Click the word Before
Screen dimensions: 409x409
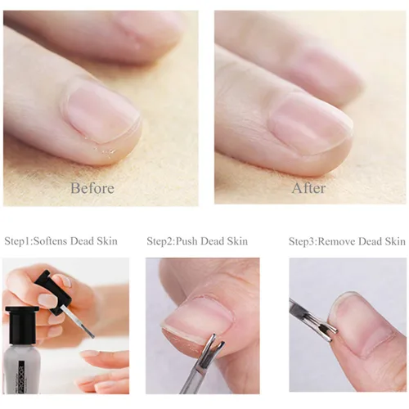tap(92, 188)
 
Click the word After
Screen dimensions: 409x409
tap(308, 188)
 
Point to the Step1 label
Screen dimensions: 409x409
tap(17, 241)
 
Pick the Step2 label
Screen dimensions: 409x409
tap(160, 241)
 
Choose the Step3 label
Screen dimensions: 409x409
tap(303, 241)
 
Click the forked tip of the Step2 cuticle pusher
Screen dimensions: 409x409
tap(210, 343)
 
